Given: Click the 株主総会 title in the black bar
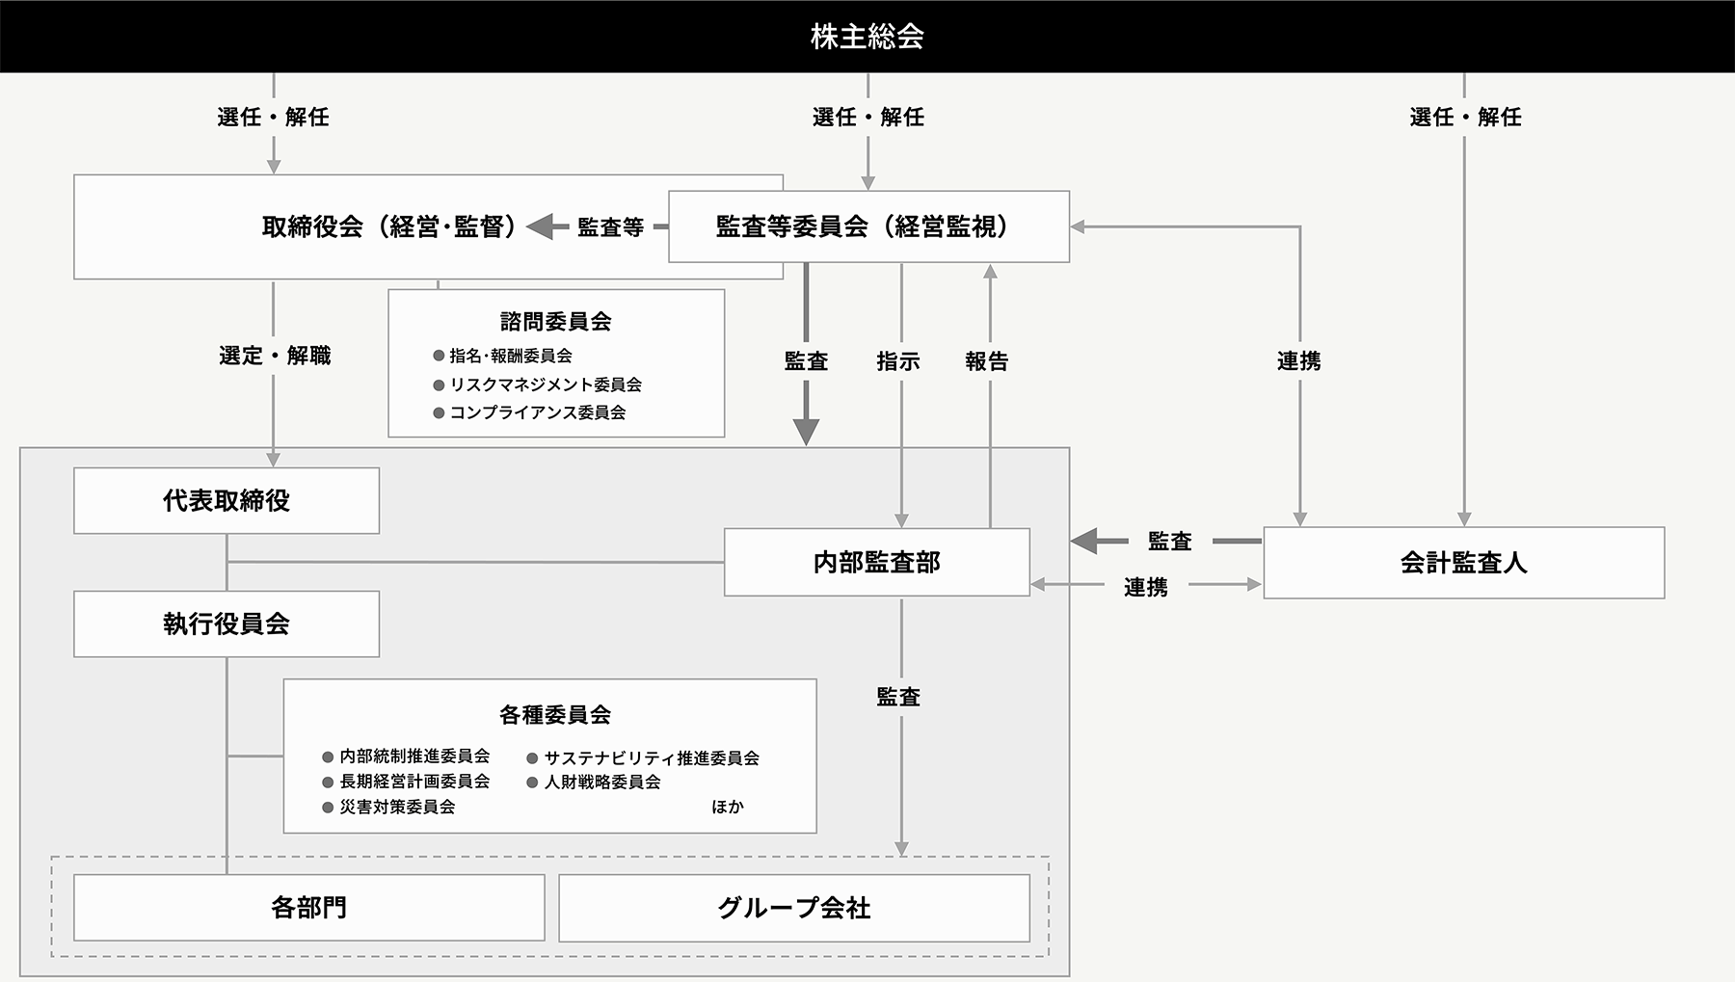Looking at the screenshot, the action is (867, 37).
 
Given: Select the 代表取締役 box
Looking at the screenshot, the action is (227, 500).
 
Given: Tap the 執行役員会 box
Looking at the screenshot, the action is (227, 624).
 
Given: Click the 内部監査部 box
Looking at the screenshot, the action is (877, 562).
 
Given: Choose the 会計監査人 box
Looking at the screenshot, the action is (1464, 563).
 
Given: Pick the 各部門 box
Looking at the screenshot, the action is (309, 908).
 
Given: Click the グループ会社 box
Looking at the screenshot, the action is (794, 908).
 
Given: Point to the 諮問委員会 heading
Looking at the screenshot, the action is (556, 321).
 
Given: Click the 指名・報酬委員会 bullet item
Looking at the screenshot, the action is (503, 356).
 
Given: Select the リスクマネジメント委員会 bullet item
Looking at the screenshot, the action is (538, 385).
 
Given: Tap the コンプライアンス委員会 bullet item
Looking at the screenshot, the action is (530, 412).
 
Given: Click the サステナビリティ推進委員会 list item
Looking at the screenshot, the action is (643, 758).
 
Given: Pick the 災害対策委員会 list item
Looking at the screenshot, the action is (388, 807).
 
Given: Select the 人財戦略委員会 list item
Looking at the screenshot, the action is (594, 782).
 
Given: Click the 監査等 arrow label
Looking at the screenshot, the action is (610, 227).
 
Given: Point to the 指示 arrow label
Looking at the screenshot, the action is (898, 361).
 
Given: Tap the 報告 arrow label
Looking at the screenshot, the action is (987, 361).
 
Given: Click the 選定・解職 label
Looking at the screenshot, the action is (275, 356).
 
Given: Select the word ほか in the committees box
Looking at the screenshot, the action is (728, 807).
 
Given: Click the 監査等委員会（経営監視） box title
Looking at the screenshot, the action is (863, 226).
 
